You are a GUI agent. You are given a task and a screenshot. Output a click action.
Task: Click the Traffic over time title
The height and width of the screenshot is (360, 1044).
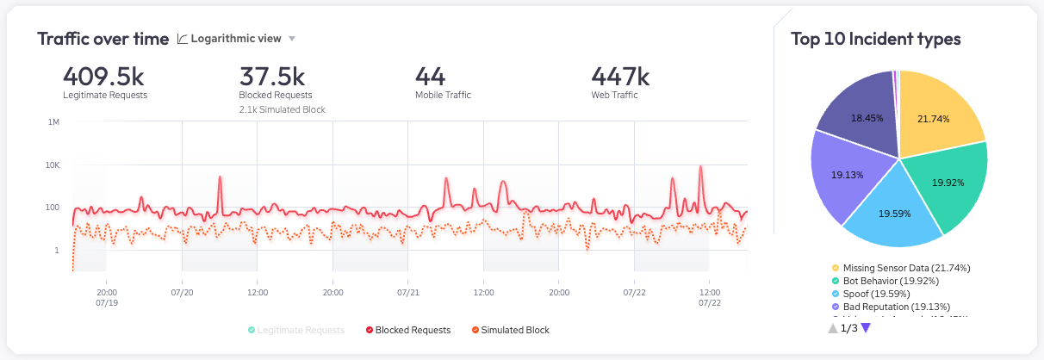103,39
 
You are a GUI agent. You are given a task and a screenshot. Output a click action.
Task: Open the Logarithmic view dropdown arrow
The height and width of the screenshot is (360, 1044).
292,39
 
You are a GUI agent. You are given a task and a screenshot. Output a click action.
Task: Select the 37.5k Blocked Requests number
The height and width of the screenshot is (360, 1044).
274,77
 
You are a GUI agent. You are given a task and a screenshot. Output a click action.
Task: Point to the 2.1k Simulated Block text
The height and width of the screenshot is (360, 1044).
282,109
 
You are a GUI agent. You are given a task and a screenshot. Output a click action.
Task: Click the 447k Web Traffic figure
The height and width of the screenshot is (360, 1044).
620,77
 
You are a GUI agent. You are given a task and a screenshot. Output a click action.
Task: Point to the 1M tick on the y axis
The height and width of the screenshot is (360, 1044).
53,122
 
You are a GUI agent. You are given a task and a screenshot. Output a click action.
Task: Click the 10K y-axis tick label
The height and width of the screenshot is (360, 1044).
52,164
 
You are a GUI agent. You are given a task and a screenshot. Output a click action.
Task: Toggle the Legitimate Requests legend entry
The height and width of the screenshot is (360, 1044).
295,330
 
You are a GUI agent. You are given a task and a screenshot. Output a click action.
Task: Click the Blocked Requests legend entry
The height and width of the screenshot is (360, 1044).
408,330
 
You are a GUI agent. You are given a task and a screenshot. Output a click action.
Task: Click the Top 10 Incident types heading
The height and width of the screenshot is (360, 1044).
876,39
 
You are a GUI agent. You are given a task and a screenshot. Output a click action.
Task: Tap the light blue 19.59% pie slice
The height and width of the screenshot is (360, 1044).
892,211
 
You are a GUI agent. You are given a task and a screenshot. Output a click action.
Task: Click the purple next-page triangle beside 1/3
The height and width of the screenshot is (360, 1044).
866,328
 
